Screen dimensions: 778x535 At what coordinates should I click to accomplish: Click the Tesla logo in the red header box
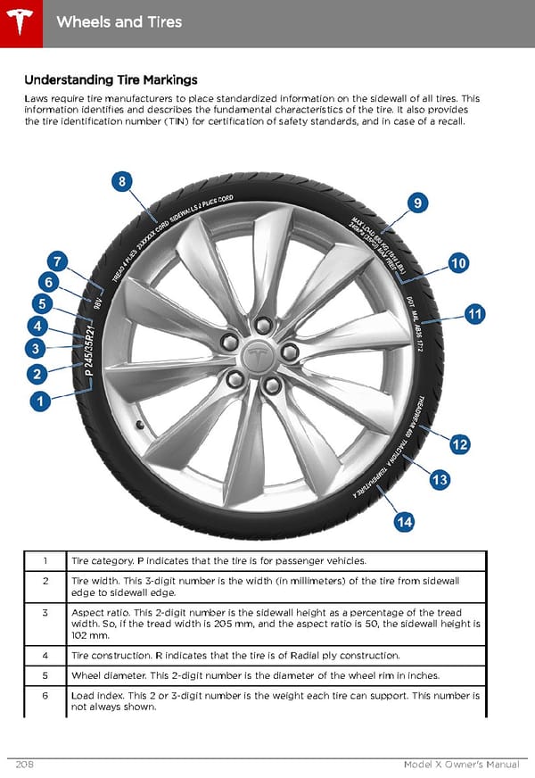(20, 20)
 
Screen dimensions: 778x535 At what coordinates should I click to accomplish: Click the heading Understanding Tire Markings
(111, 80)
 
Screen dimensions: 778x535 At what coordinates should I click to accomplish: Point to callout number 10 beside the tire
(459, 263)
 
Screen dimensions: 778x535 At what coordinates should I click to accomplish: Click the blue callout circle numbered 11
(474, 313)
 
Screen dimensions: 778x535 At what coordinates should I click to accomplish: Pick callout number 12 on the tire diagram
(460, 444)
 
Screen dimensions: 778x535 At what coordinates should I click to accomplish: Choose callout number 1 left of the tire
(37, 402)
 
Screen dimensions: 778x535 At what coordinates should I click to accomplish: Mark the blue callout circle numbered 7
(57, 261)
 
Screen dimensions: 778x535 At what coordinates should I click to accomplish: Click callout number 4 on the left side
(37, 326)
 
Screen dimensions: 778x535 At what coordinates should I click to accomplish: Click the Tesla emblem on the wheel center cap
(259, 355)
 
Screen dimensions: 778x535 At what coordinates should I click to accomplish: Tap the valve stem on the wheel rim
(138, 425)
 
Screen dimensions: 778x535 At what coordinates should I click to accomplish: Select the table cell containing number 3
(45, 613)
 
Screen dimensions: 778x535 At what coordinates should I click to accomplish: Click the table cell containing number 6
(45, 694)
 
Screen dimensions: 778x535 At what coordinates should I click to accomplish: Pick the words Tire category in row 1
(102, 561)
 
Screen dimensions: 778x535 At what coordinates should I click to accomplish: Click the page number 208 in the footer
(26, 765)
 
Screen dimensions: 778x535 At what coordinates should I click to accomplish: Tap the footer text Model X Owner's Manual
(460, 765)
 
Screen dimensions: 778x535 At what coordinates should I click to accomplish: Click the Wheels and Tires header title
(119, 21)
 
